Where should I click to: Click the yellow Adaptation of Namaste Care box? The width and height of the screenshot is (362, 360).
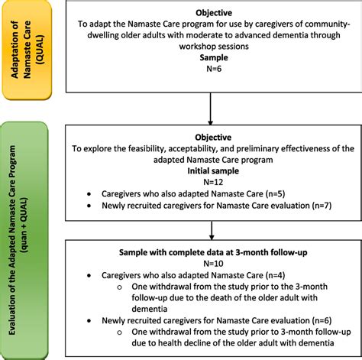28,50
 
